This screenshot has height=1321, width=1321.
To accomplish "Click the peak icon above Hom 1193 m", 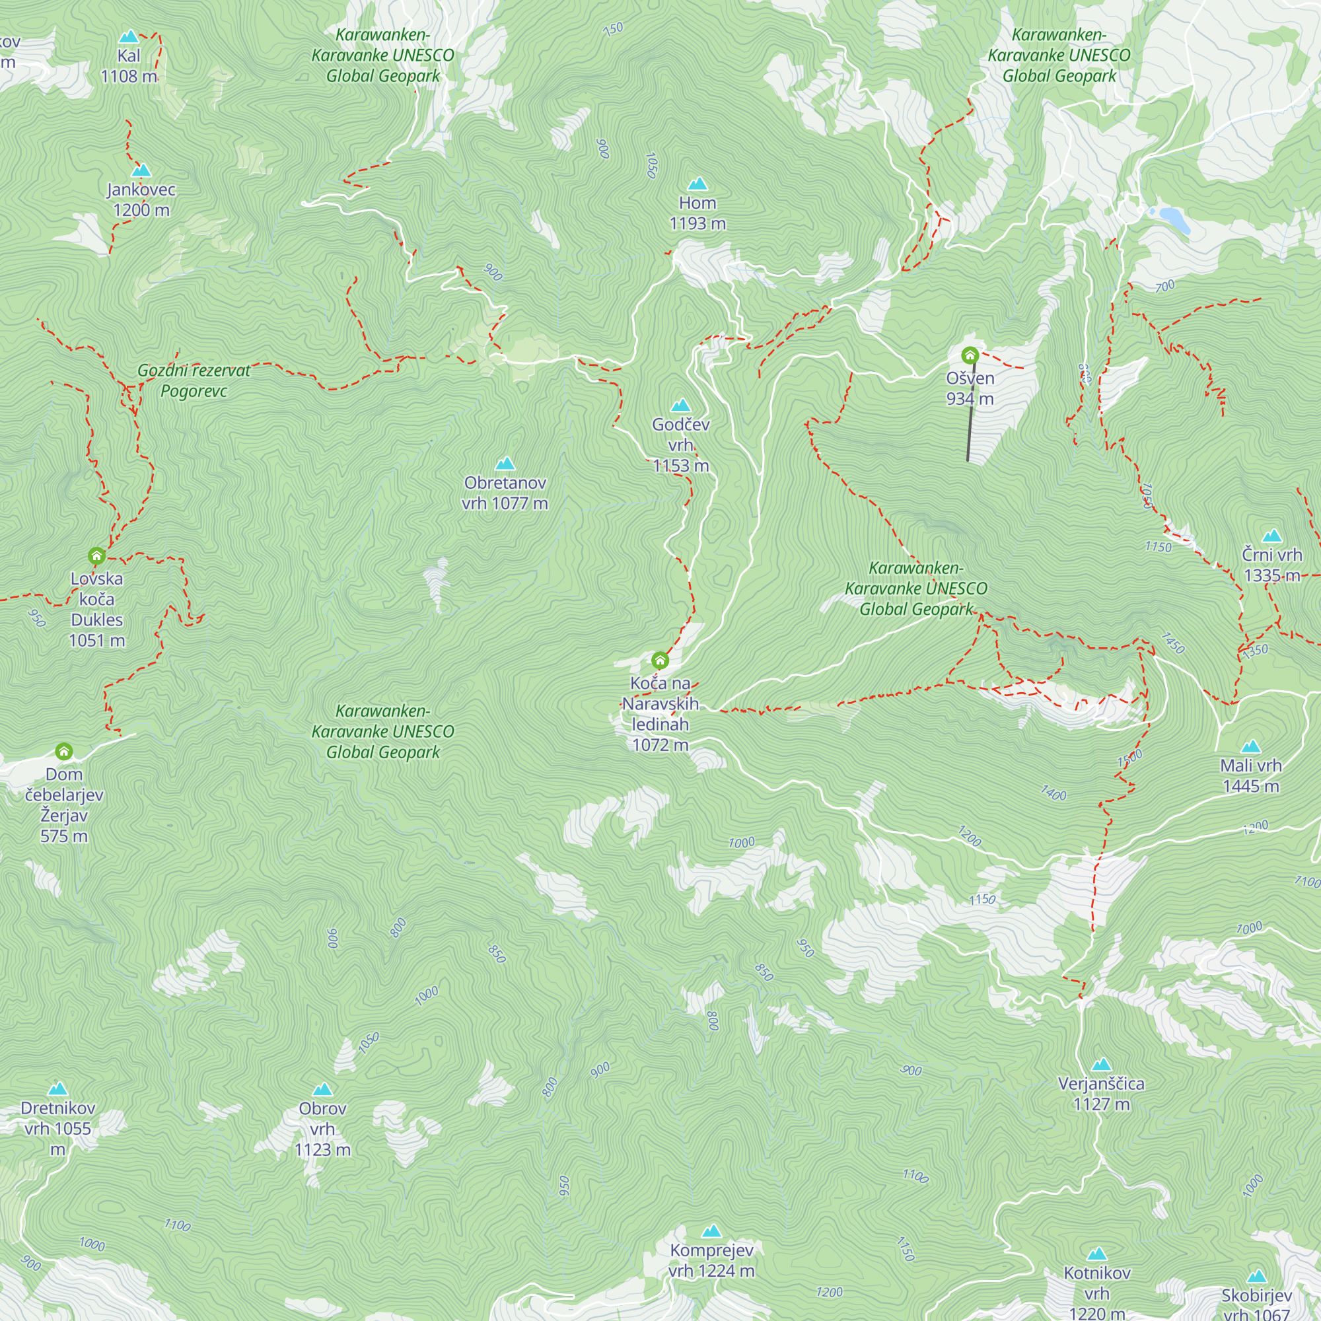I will pyautogui.click(x=697, y=184).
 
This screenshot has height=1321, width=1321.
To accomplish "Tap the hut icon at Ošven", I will pyautogui.click(x=970, y=355).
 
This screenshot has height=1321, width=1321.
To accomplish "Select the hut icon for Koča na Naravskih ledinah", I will pyautogui.click(x=660, y=660).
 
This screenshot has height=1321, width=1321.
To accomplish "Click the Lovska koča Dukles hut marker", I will pyautogui.click(x=96, y=555).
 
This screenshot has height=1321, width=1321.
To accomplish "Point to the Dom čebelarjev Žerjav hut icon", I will pyautogui.click(x=63, y=752).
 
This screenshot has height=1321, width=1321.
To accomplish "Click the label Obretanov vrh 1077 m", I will pyautogui.click(x=505, y=493).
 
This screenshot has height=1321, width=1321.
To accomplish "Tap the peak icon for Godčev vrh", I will pyautogui.click(x=680, y=406).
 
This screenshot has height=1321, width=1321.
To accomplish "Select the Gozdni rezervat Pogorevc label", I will pyautogui.click(x=194, y=381).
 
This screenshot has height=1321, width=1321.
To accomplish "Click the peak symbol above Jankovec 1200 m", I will pyautogui.click(x=141, y=170).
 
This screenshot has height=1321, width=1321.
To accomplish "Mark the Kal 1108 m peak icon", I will pyautogui.click(x=129, y=37).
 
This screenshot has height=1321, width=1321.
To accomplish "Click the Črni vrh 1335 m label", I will pyautogui.click(x=1271, y=565).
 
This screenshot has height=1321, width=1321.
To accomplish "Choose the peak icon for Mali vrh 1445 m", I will pyautogui.click(x=1250, y=746).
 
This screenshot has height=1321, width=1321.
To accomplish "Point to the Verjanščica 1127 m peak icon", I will pyautogui.click(x=1101, y=1065).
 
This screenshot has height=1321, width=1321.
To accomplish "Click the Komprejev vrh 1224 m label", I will pyautogui.click(x=711, y=1260).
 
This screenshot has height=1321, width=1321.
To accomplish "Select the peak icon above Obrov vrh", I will pyautogui.click(x=322, y=1089).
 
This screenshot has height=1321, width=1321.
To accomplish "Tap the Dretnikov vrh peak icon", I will pyautogui.click(x=57, y=1089).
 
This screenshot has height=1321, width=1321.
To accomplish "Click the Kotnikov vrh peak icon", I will pyautogui.click(x=1096, y=1254).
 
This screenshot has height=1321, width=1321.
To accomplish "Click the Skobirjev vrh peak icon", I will pyautogui.click(x=1257, y=1277).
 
